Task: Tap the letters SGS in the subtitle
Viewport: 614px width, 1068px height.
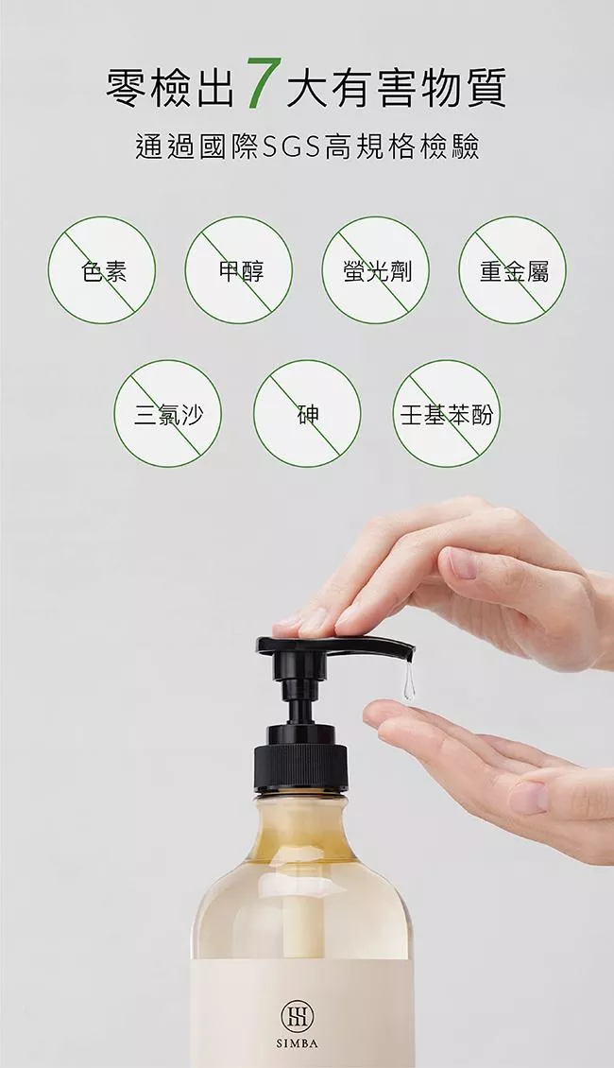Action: (x=291, y=146)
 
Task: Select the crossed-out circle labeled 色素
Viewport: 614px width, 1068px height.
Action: (x=102, y=269)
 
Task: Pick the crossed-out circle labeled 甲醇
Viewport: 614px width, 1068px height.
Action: (x=239, y=269)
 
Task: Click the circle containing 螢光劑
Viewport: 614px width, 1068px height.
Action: (x=376, y=269)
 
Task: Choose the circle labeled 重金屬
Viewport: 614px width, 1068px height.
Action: (x=513, y=269)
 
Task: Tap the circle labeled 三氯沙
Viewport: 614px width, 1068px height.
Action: (x=167, y=413)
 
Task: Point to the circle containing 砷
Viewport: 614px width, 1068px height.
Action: (x=307, y=413)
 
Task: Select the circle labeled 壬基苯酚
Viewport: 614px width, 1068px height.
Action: (x=447, y=413)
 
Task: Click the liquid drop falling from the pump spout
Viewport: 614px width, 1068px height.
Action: (x=408, y=682)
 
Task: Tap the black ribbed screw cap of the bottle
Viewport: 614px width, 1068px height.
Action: (x=301, y=767)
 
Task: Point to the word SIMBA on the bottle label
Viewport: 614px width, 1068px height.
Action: (x=298, y=1043)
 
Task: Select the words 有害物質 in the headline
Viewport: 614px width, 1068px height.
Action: (x=396, y=88)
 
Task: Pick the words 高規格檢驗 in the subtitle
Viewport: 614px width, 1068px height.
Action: (x=402, y=146)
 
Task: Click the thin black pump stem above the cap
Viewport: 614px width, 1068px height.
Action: (x=300, y=708)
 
